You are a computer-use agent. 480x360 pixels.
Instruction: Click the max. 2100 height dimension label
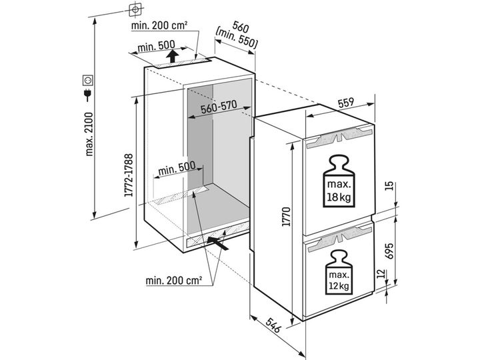coord(89,134)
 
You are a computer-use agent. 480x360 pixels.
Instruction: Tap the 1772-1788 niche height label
coord(129,175)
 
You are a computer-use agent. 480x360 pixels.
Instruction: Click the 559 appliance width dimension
coord(346,103)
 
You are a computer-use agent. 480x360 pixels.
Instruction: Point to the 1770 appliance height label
coord(286,217)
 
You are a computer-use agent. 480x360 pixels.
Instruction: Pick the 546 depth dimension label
coord(273,325)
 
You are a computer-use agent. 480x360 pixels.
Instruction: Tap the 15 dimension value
coord(389,186)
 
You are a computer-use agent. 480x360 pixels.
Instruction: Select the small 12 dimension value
coord(380,273)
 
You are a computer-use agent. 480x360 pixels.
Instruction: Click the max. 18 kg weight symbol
coord(338,181)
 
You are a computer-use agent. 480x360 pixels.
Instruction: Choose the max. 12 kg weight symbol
coord(339,272)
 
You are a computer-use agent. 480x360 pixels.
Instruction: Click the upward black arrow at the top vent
coord(173,56)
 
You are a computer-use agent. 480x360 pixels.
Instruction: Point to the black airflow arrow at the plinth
coord(217,243)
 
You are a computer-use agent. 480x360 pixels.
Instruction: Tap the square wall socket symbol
coord(88,80)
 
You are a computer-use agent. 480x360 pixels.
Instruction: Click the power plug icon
coord(87,95)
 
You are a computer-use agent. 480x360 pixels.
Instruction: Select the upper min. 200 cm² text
coord(159,25)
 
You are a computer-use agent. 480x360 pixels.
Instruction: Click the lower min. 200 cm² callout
coord(173,280)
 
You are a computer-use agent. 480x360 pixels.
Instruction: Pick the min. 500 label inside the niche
coord(177,168)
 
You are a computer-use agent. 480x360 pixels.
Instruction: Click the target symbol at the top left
coord(135,10)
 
